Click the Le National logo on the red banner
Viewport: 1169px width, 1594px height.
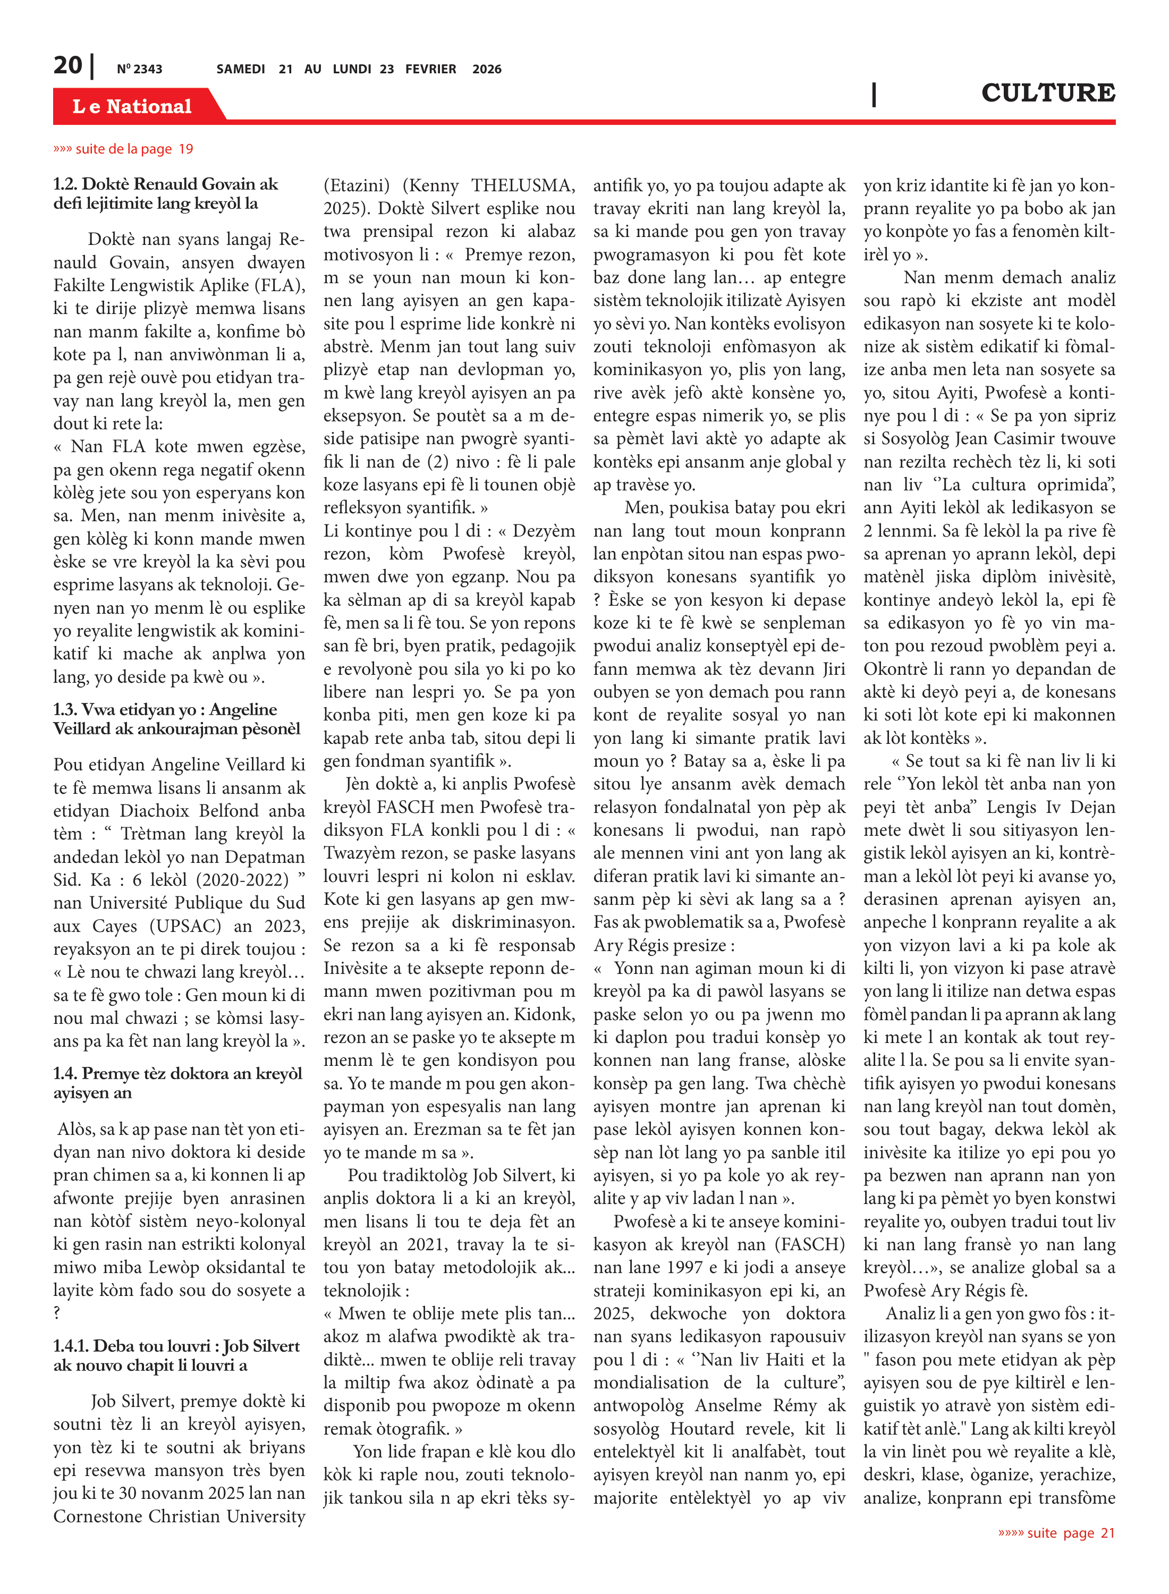click(x=132, y=106)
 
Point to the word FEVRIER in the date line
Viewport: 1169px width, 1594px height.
click(x=430, y=69)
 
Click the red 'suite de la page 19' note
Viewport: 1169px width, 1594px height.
click(x=123, y=149)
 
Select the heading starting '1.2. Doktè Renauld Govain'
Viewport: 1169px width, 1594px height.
click(x=166, y=194)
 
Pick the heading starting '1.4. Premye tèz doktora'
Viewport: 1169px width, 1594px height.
click(x=177, y=1082)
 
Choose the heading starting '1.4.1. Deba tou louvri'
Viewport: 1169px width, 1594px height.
click(x=176, y=1355)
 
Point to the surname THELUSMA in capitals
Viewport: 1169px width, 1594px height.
click(x=523, y=186)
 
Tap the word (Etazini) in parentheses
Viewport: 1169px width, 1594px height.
click(x=357, y=186)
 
